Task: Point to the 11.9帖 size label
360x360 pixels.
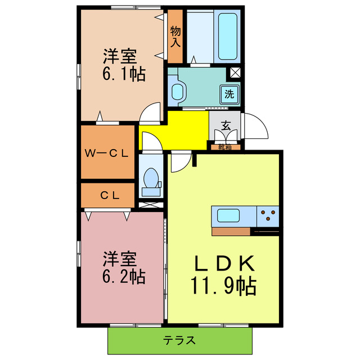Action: click(224, 287)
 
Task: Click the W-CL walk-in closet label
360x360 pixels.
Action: click(107, 152)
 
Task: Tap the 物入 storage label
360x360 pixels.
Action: click(175, 36)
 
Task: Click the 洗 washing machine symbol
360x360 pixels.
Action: click(229, 94)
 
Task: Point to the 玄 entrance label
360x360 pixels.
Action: click(226, 126)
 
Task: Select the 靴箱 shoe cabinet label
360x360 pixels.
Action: click(226, 147)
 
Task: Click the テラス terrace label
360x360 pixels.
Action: click(180, 340)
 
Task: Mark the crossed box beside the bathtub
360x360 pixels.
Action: click(235, 73)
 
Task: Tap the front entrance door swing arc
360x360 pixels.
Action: click(256, 125)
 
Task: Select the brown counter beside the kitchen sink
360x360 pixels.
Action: click(231, 231)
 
